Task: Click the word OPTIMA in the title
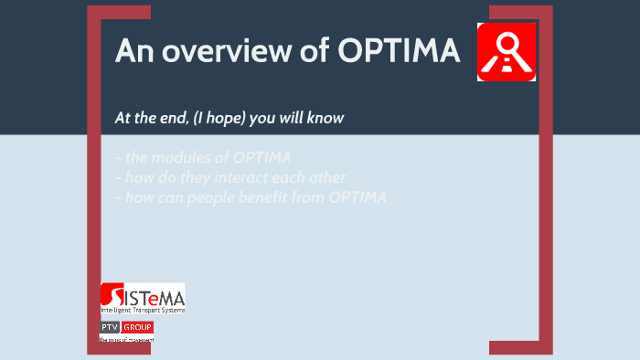[x=399, y=51]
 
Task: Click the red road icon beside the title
[x=506, y=52]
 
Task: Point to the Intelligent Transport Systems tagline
[x=143, y=311]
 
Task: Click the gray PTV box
[x=110, y=327]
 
